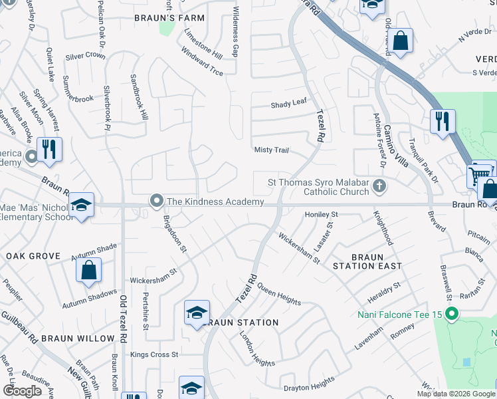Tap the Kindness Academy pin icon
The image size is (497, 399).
point(157,200)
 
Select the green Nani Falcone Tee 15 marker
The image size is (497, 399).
point(452,313)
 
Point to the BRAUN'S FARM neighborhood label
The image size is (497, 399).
point(168,18)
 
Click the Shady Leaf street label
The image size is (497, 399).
point(289,105)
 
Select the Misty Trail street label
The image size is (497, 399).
point(272,150)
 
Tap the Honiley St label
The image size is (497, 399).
point(322,215)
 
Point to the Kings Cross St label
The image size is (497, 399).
point(154,355)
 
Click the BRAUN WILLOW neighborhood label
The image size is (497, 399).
point(78,338)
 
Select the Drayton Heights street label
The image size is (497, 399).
point(309,384)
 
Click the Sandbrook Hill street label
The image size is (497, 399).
point(138,96)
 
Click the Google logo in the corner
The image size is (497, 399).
point(22,391)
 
